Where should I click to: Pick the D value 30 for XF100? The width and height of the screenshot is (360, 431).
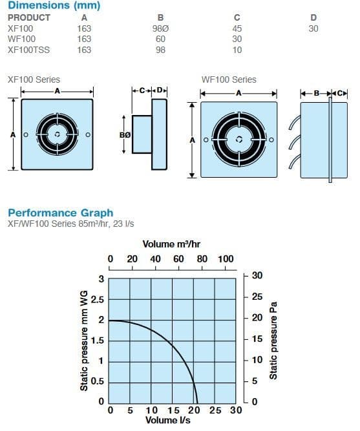tap(313, 28)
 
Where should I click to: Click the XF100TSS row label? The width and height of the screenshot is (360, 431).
tap(28, 49)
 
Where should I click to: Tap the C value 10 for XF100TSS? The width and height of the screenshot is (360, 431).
tap(237, 49)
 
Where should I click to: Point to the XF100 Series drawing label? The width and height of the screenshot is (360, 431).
tap(34, 79)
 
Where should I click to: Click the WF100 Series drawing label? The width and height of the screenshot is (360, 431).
tap(229, 79)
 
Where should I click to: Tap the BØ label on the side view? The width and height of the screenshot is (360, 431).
tap(125, 134)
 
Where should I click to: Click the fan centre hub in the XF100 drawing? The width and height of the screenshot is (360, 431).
tap(58, 134)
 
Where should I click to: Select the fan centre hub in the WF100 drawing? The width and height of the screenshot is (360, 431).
tap(239, 139)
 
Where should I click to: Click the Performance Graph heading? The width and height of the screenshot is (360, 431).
tap(60, 213)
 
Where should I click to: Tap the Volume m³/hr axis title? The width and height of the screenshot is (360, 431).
tap(171, 244)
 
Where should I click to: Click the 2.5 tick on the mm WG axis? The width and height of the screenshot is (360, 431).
tap(97, 300)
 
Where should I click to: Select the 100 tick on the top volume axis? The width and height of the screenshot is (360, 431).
tap(226, 259)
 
